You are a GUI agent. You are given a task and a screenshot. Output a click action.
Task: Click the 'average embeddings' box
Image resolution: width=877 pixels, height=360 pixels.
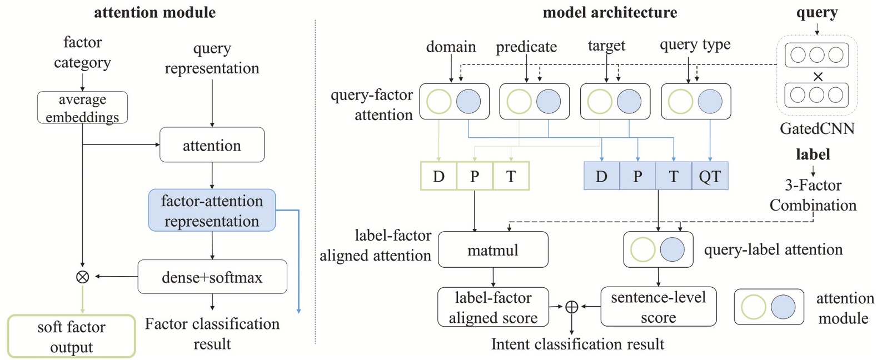tap(82, 108)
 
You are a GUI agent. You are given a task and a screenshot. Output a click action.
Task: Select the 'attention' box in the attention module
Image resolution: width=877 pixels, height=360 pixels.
tap(212, 145)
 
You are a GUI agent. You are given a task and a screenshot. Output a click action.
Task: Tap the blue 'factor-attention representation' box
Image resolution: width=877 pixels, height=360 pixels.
tap(212, 211)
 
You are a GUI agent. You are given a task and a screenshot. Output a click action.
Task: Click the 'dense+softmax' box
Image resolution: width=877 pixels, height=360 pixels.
tap(212, 277)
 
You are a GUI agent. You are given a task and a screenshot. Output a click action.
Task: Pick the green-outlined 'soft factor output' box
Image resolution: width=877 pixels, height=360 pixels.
tap(71, 337)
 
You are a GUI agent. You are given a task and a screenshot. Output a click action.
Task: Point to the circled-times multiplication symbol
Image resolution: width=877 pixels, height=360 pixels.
tap(82, 277)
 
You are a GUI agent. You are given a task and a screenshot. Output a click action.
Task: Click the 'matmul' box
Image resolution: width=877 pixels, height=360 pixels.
tap(493, 250)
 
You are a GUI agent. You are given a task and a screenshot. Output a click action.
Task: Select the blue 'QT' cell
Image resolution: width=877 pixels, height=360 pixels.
tap(710, 176)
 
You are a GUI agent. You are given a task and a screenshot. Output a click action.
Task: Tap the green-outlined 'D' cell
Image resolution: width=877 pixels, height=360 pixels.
tap(438, 176)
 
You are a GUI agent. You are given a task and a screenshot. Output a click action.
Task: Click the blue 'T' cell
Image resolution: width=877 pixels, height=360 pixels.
tap(674, 176)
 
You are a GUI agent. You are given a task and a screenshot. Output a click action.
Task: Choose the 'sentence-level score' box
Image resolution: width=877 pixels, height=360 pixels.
tap(658, 307)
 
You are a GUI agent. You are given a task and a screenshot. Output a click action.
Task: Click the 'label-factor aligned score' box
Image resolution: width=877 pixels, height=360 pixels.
tap(493, 307)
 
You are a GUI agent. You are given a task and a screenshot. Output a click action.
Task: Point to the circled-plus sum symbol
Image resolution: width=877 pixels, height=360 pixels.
tap(571, 307)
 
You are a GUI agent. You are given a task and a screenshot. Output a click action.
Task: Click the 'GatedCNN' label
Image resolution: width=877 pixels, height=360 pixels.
tap(816, 129)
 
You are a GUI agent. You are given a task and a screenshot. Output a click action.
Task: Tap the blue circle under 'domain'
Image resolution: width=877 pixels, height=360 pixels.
tap(469, 102)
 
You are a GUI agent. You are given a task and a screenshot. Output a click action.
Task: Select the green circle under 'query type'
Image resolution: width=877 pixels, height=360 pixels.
tap(680, 102)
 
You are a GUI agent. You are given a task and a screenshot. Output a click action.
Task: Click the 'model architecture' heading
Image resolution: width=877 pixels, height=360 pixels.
tap(610, 12)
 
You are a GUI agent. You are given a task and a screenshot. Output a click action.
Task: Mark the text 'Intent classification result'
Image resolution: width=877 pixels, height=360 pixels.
tap(577, 344)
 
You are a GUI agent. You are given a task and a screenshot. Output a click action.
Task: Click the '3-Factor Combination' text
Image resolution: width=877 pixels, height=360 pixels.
tap(813, 195)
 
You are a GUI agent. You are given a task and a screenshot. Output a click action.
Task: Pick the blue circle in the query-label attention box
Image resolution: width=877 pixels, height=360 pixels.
tap(672, 249)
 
